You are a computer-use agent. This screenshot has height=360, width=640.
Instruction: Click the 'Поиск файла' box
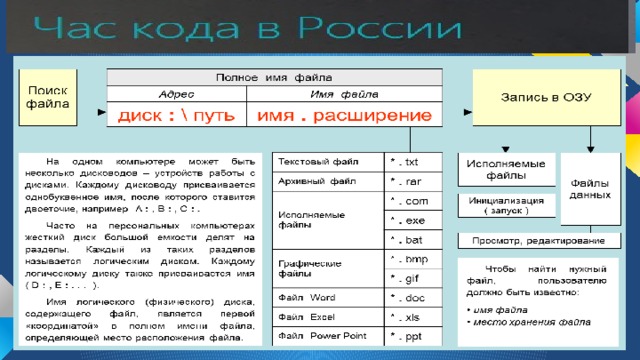click(47, 96)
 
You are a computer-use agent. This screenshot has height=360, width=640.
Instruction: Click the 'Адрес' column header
click(176, 93)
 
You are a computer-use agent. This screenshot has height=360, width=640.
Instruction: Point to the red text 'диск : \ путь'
click(176, 116)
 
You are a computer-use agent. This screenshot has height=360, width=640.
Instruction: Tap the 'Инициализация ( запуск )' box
click(506, 205)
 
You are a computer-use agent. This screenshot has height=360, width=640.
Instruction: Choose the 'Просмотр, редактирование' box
click(531, 241)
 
